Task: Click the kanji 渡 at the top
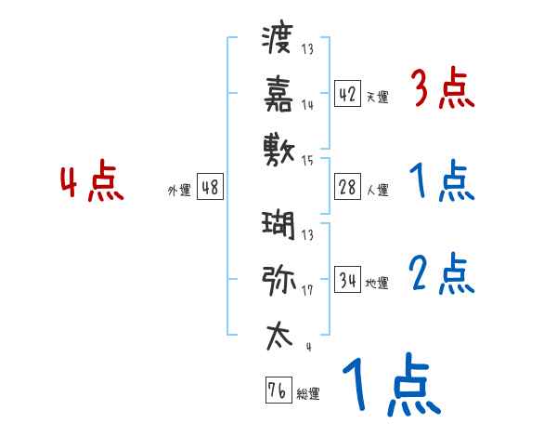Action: point(278,40)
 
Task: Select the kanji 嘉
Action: point(278,92)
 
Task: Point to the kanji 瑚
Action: point(278,225)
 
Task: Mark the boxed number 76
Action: point(277,391)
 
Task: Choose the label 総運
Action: point(308,394)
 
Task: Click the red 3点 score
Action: point(442,90)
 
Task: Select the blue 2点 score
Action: point(442,273)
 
